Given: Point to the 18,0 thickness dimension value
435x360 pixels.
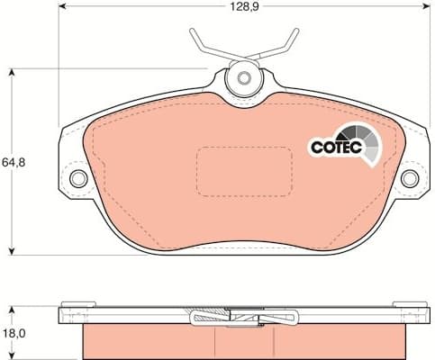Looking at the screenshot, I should tap(14, 332).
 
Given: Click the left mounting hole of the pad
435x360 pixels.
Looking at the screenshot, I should tap(78, 178).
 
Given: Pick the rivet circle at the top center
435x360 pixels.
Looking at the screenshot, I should tap(242, 78).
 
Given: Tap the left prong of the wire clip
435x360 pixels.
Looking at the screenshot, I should tap(199, 40).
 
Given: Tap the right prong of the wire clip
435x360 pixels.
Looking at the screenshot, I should tap(288, 40).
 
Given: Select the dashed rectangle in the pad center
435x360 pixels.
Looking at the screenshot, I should tap(244, 169).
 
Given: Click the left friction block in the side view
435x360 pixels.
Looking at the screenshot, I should tap(144, 339).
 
